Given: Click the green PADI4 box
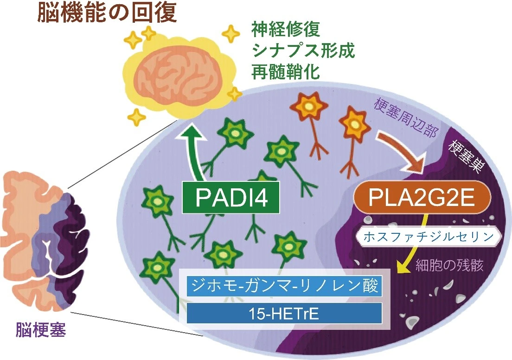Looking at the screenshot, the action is point(231,197).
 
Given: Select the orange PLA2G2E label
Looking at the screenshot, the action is point(422,197).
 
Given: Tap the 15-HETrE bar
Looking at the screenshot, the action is point(284,314).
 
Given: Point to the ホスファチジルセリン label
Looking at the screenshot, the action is point(428,237).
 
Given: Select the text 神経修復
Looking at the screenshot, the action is point(286,30).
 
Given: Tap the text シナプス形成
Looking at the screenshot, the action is point(303,51).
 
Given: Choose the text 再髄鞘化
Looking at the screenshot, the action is point(286,71).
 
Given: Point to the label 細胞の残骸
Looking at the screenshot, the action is point(449,265).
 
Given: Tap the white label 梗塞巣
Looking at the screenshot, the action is point(465,156).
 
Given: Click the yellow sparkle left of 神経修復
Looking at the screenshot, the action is point(231,33).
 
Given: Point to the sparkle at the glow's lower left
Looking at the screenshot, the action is point(137,116).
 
